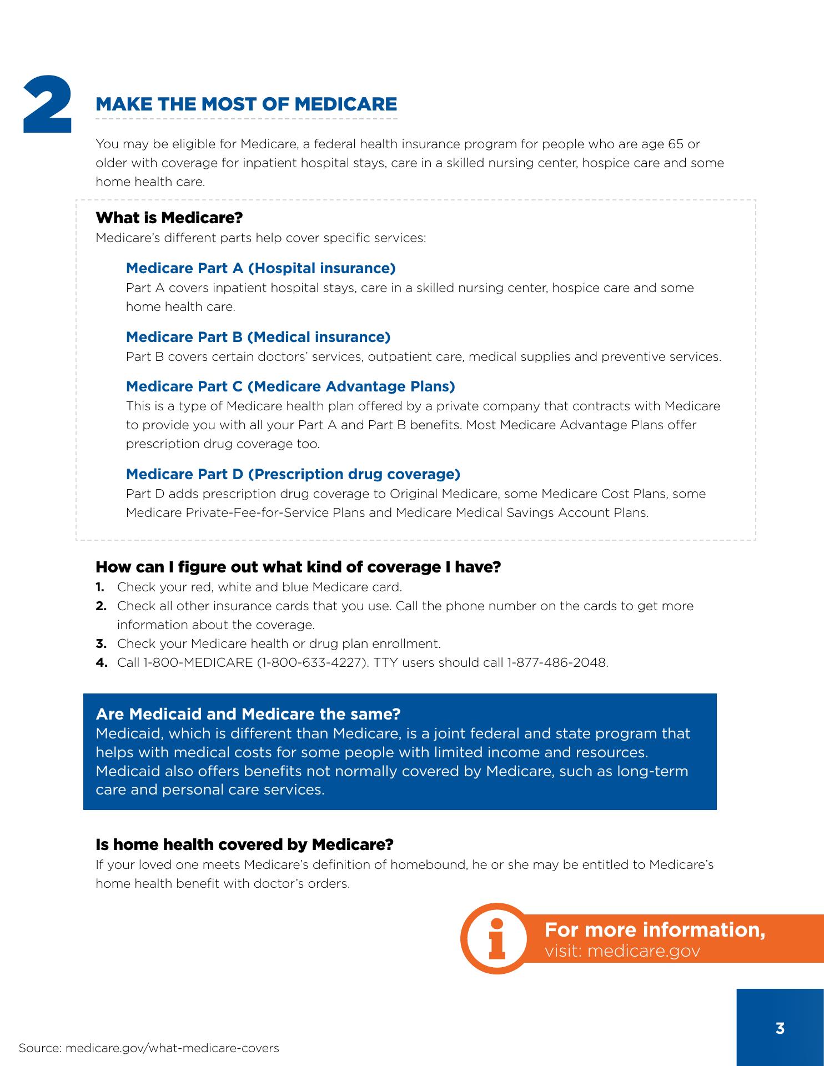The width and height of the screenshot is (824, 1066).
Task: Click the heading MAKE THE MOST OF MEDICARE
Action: pos(247,104)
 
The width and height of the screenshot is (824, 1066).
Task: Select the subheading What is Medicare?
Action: pos(169,218)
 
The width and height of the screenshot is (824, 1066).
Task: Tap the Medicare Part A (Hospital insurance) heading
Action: pos(260,268)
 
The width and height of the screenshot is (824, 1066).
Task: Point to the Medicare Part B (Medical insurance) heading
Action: pos(258,337)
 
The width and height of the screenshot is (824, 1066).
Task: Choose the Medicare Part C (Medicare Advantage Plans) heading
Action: pos(290,386)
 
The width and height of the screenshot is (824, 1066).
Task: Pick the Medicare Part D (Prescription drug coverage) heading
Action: pos(293,474)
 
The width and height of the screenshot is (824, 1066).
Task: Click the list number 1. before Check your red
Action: pos(100,587)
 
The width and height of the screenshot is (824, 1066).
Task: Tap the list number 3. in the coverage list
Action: pos(101,643)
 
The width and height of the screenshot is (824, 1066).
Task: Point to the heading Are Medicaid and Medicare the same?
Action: pos(248,713)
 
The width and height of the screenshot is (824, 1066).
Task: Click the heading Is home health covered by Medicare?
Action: pos(244,844)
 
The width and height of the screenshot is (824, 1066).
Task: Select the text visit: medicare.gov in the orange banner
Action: pos(622,951)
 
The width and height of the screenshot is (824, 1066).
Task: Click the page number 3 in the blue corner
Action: pos(780,1028)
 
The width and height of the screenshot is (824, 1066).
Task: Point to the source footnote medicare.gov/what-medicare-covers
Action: pos(172,1048)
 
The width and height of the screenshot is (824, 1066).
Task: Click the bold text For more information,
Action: pos(655,929)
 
